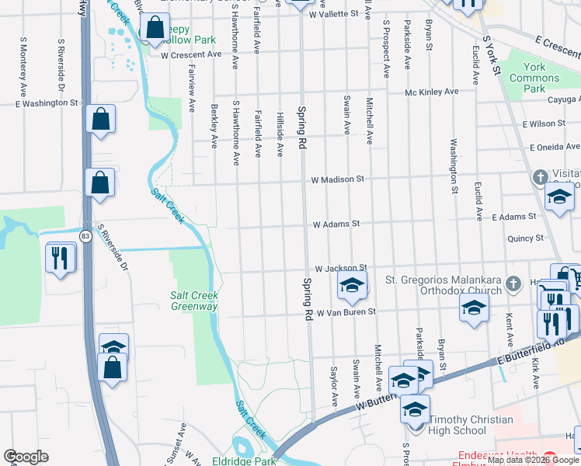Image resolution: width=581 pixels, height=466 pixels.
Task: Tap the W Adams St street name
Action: [x=336, y=224]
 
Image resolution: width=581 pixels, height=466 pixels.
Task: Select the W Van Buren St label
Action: [x=344, y=311]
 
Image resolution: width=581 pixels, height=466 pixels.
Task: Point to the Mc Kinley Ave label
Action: [x=432, y=92]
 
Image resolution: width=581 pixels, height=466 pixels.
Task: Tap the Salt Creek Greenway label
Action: [x=193, y=301]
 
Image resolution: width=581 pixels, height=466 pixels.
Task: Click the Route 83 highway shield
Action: [x=85, y=235]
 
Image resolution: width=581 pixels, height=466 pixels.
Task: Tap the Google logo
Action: [x=26, y=457]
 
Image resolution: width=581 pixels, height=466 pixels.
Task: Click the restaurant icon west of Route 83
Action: [x=61, y=257]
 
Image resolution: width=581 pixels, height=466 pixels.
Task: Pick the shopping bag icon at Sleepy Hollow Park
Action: [x=155, y=30]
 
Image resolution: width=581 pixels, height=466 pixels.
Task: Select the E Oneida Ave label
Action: [x=555, y=148]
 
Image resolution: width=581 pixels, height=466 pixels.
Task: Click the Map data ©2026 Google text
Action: [x=533, y=460]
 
